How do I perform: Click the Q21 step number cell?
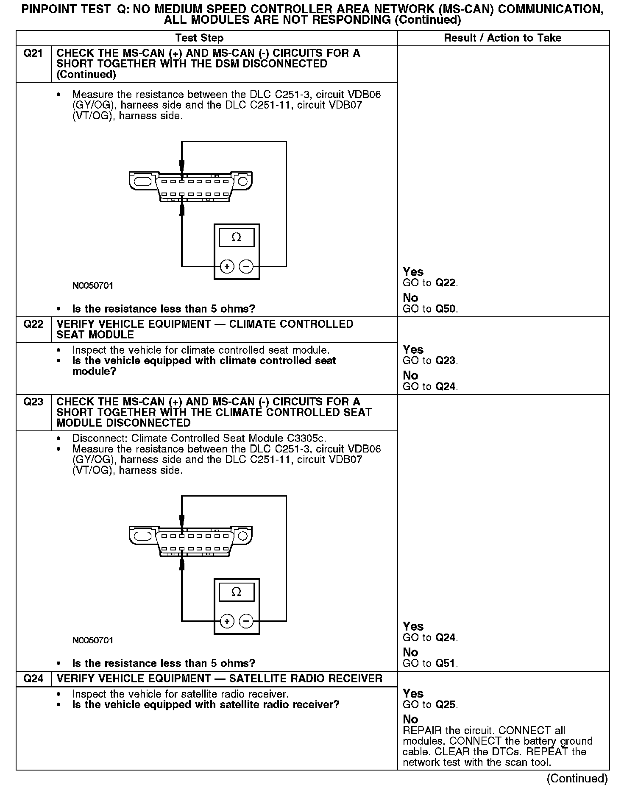[x=33, y=53]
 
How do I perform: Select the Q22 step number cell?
[x=33, y=324]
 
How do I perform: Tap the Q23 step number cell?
[x=33, y=402]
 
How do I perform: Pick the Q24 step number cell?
[x=33, y=679]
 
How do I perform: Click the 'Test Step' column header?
[x=199, y=38]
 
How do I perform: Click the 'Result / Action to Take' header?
[x=502, y=38]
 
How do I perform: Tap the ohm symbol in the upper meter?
[x=237, y=237]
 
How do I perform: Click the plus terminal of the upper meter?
[x=227, y=266]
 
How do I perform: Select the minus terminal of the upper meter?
[x=246, y=266]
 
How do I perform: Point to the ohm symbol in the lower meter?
[x=237, y=592]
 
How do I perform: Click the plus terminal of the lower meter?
[x=227, y=621]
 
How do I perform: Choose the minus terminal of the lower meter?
[x=246, y=621]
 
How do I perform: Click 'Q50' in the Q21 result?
[x=446, y=309]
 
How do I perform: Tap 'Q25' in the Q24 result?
[x=446, y=705]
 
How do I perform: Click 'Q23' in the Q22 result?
[x=446, y=361]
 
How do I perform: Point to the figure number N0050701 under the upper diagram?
[x=93, y=286]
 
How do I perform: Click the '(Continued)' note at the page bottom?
[x=577, y=779]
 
